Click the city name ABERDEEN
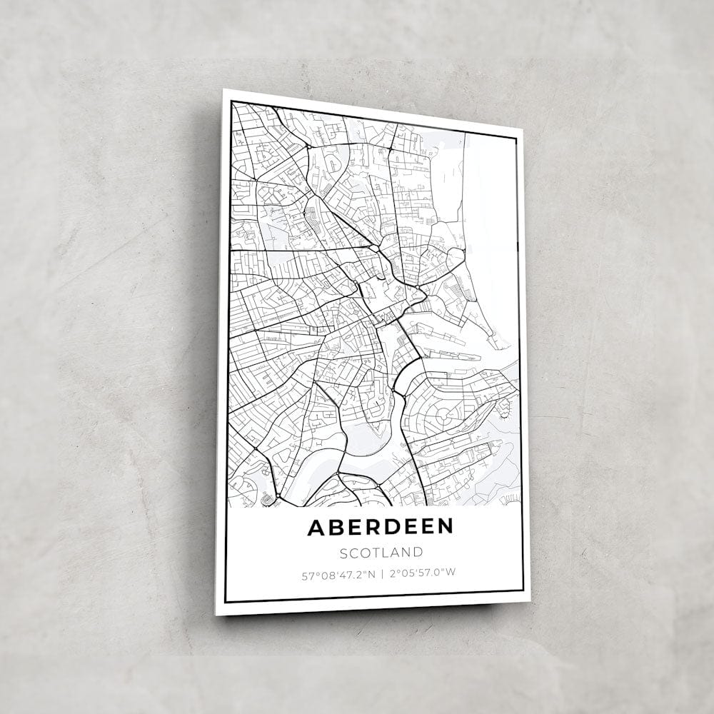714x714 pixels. (381, 527)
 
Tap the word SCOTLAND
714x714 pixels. (381, 552)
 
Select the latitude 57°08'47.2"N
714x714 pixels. (338, 573)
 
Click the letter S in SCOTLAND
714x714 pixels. (343, 553)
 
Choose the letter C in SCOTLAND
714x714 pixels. (354, 553)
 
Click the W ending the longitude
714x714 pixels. (451, 571)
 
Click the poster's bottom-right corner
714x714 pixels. (530, 601)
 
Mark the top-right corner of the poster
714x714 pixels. (523, 130)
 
